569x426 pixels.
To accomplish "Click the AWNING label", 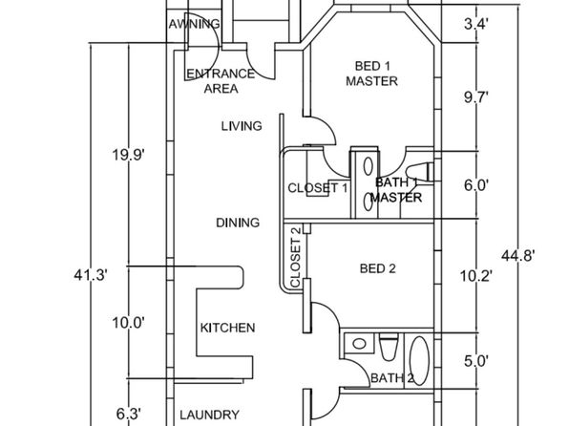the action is [x=194, y=24].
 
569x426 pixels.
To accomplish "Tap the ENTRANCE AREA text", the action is [x=221, y=81].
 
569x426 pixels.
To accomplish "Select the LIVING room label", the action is [x=242, y=126].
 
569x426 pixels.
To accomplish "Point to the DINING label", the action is [x=238, y=223].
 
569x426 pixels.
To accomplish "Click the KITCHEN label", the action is [x=228, y=328].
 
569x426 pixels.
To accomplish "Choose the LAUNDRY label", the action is [x=210, y=415].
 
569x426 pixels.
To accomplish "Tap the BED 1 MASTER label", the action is [x=372, y=74].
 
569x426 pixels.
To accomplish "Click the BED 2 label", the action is [x=378, y=268].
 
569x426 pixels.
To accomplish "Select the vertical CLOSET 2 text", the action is [x=295, y=257].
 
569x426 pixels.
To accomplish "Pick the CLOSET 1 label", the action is [x=318, y=188].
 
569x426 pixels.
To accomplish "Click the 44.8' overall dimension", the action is [x=517, y=256].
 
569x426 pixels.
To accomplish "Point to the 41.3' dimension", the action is [x=91, y=275].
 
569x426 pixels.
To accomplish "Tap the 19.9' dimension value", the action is [x=129, y=155].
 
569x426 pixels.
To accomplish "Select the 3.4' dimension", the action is [x=476, y=24].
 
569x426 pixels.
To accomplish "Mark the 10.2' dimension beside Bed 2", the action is [x=476, y=276].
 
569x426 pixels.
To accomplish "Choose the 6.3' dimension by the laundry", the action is [x=129, y=414].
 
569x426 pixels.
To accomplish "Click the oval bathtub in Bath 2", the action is [x=419, y=361].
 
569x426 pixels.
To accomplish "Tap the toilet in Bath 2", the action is [x=389, y=348].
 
